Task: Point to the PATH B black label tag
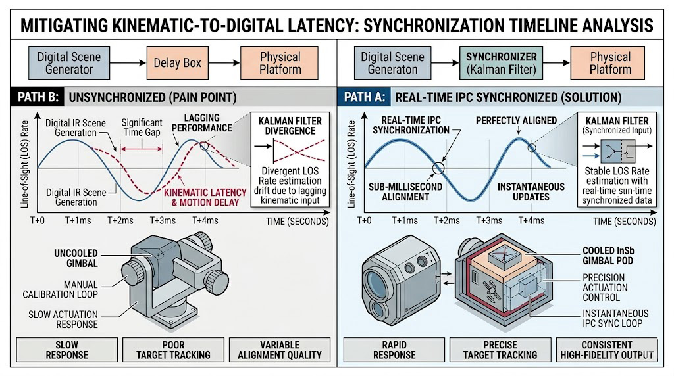click(36, 98)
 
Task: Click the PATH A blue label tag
click(363, 98)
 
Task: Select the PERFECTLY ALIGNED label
click(516, 121)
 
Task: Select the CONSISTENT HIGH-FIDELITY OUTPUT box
click(606, 349)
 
